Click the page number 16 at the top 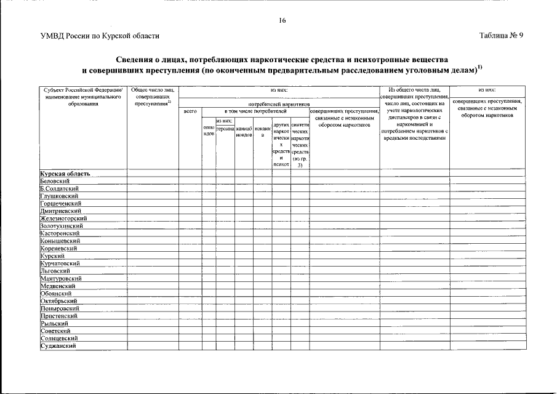coord(282,20)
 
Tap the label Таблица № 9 coord(501,36)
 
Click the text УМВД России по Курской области coord(99,36)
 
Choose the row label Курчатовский coord(61,263)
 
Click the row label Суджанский coord(58,346)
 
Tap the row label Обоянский coord(56,294)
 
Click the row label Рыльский coord(54,323)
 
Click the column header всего coord(190,111)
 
